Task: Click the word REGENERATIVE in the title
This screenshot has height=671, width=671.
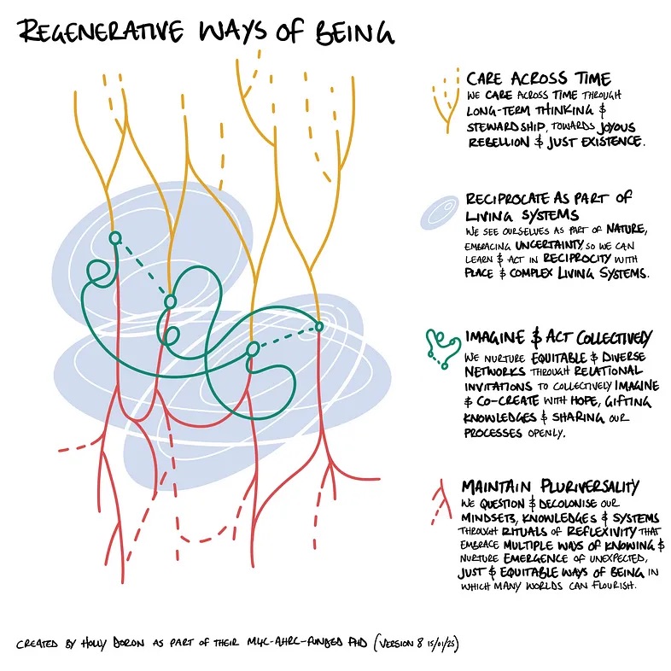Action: pyautogui.click(x=97, y=32)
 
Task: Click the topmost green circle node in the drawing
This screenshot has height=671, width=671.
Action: pyautogui.click(x=116, y=237)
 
